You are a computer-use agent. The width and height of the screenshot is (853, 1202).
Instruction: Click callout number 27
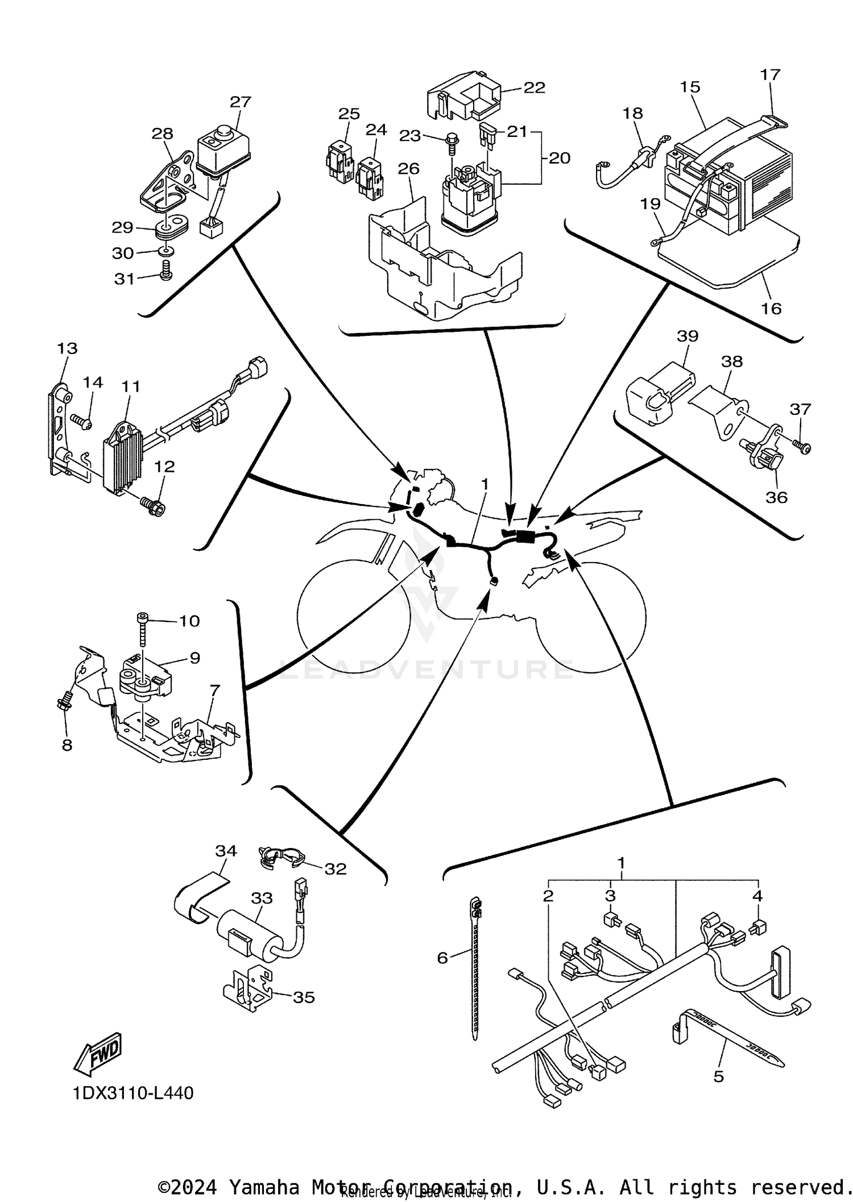click(x=240, y=102)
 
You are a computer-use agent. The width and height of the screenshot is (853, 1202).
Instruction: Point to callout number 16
click(x=771, y=309)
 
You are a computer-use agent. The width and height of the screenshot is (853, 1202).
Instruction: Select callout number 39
click(x=687, y=336)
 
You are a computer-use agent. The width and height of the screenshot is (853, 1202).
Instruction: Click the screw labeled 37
click(x=802, y=447)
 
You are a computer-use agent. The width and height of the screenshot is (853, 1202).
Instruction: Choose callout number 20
click(x=559, y=157)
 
